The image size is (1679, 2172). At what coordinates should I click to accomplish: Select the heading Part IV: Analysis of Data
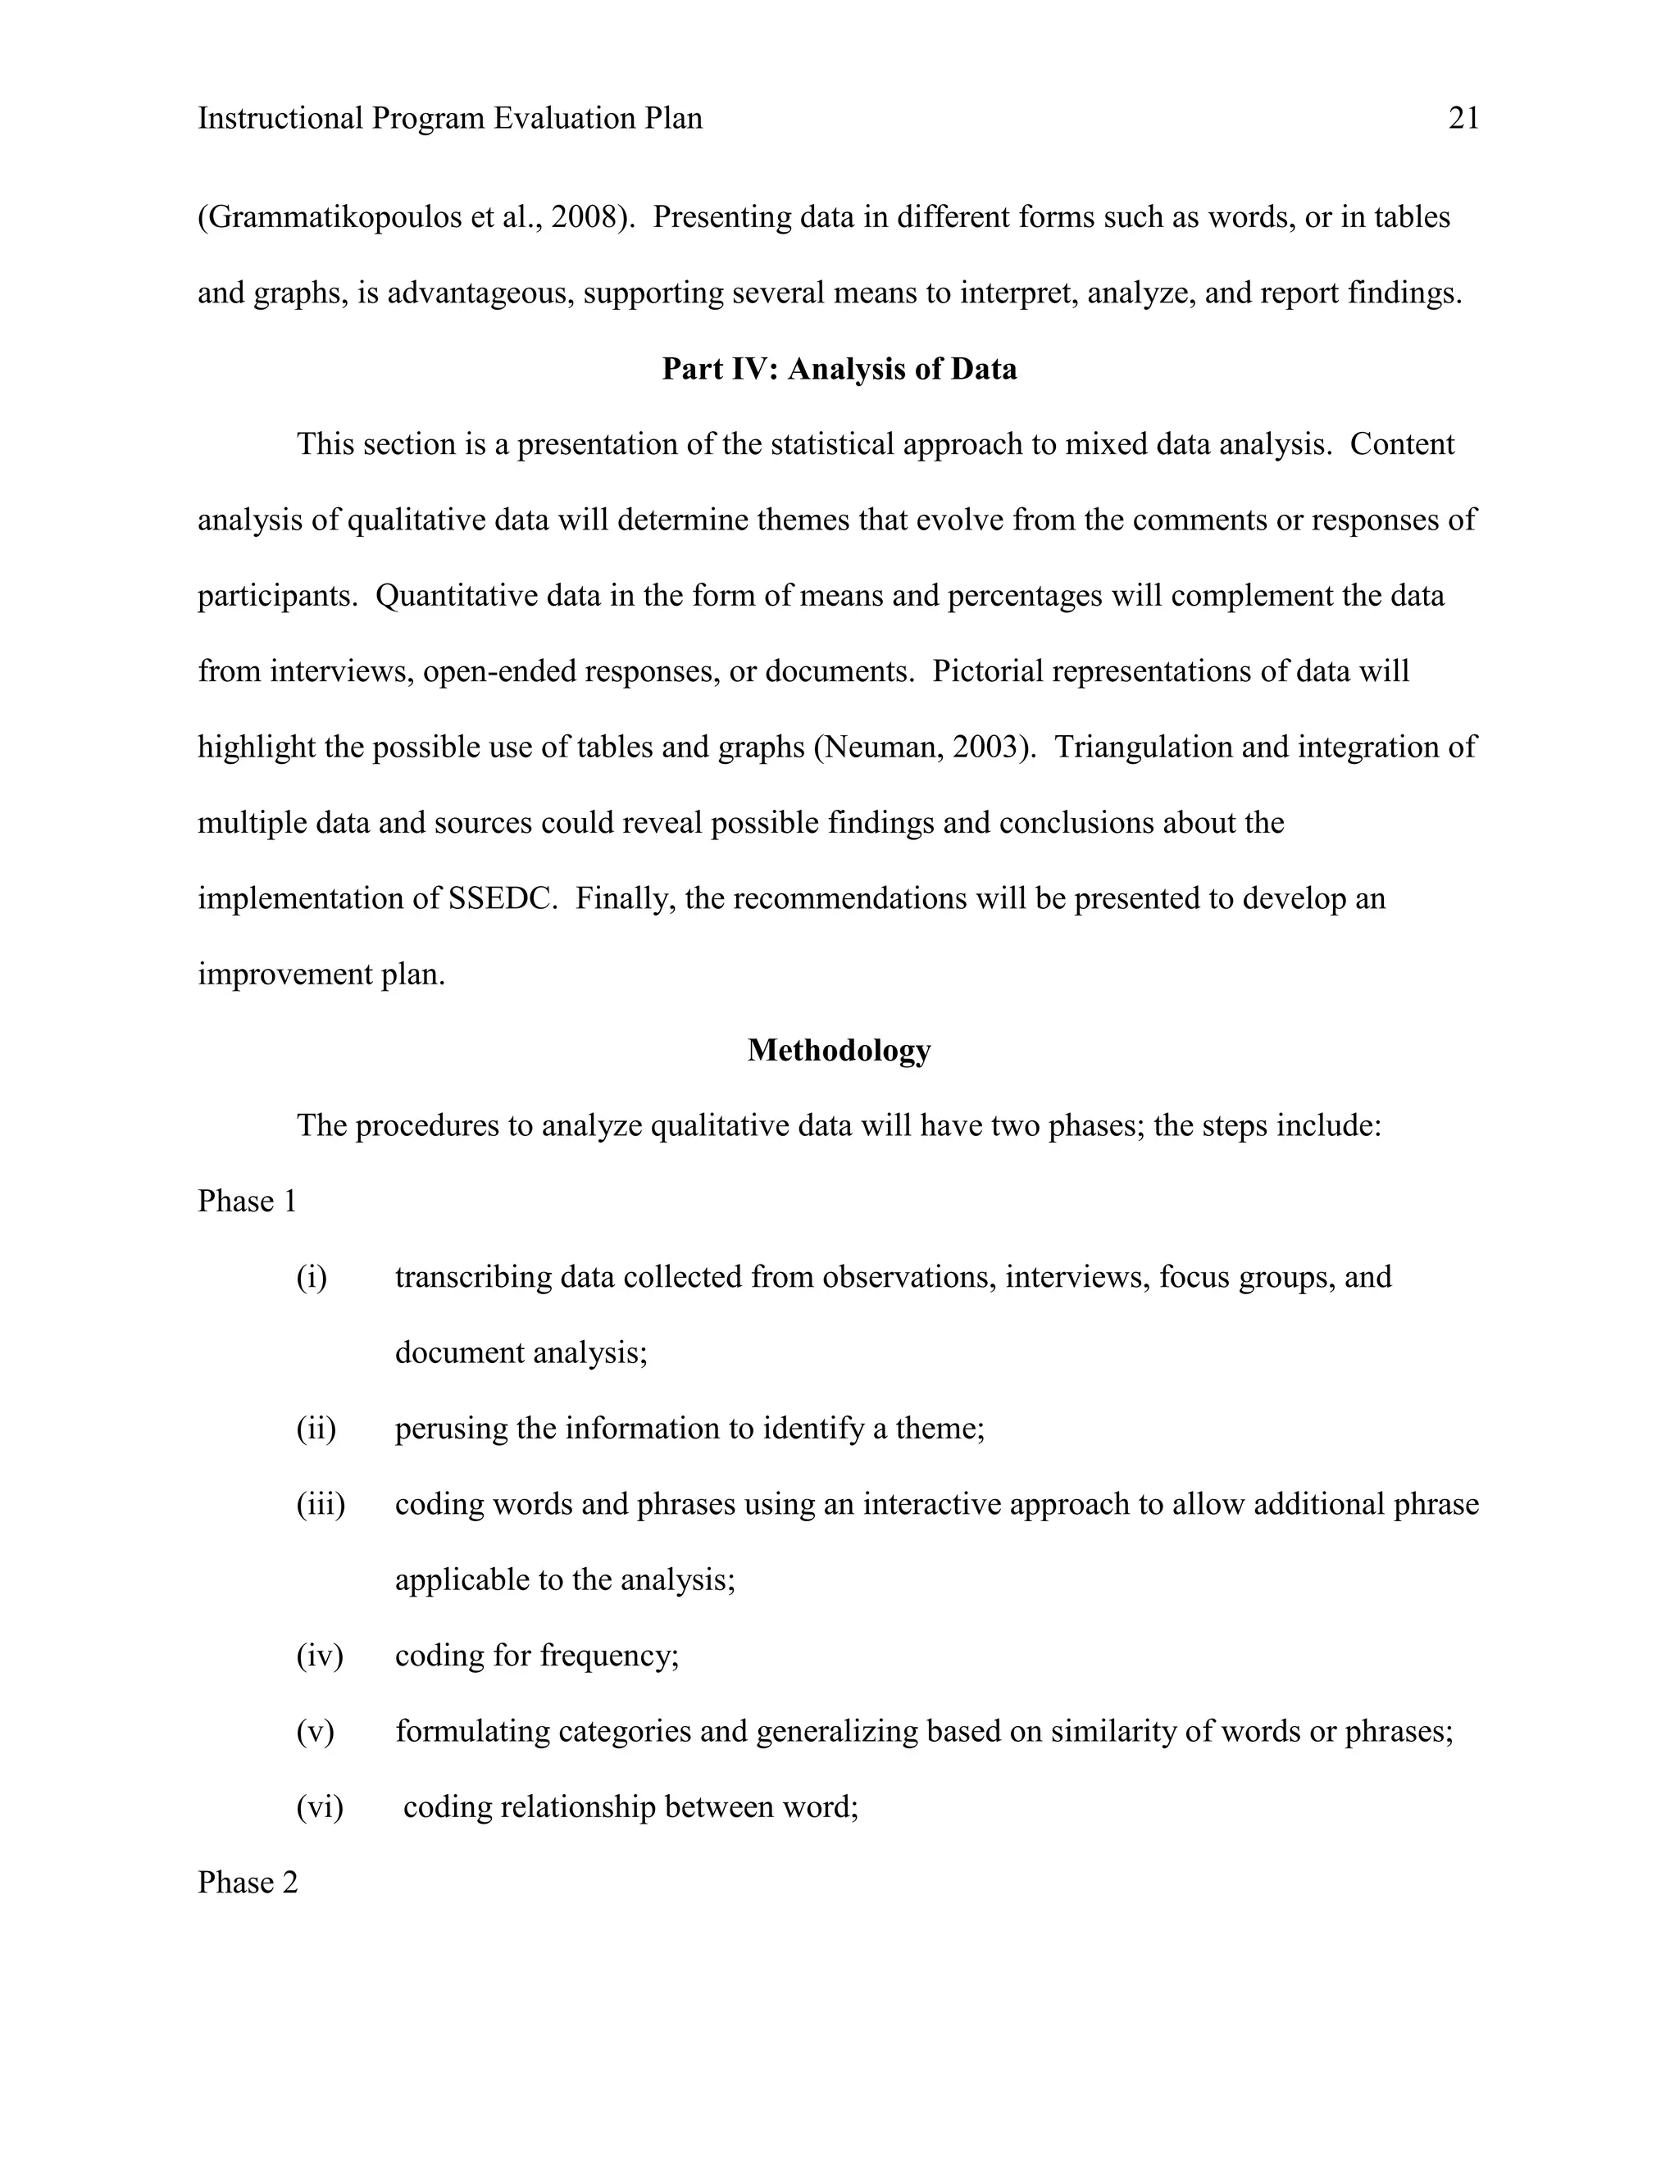tap(839, 369)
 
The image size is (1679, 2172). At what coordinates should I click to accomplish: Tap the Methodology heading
tap(839, 1050)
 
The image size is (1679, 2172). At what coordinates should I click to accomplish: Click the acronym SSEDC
tap(499, 899)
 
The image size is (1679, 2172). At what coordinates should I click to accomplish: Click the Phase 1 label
tap(247, 1202)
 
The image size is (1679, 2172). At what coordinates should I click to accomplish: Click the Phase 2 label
tap(247, 1883)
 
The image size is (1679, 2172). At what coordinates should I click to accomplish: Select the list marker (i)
tap(312, 1277)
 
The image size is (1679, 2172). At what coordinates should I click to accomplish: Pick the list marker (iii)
tap(321, 1505)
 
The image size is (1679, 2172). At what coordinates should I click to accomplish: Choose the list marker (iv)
tap(319, 1656)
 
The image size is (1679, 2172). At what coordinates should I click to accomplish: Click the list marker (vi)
tap(319, 1807)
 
